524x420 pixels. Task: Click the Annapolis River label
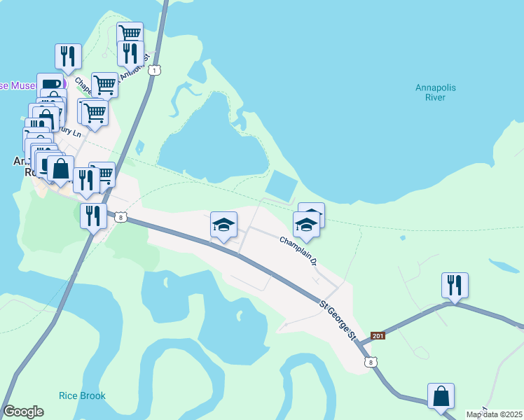click(x=435, y=92)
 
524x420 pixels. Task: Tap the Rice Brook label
click(x=83, y=395)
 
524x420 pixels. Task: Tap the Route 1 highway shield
click(x=155, y=69)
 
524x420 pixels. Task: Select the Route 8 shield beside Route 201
click(x=371, y=361)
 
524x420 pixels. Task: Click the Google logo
click(x=23, y=412)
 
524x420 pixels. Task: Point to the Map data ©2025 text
click(x=495, y=414)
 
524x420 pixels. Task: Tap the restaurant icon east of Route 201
click(x=455, y=285)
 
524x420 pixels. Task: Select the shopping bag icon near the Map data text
click(x=441, y=395)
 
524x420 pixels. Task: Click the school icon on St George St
click(x=223, y=225)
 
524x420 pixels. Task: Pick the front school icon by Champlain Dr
click(x=306, y=225)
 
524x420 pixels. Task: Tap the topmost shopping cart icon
click(x=130, y=33)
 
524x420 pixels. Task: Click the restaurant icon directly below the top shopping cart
click(x=130, y=53)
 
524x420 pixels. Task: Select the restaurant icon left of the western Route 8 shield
click(x=93, y=216)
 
